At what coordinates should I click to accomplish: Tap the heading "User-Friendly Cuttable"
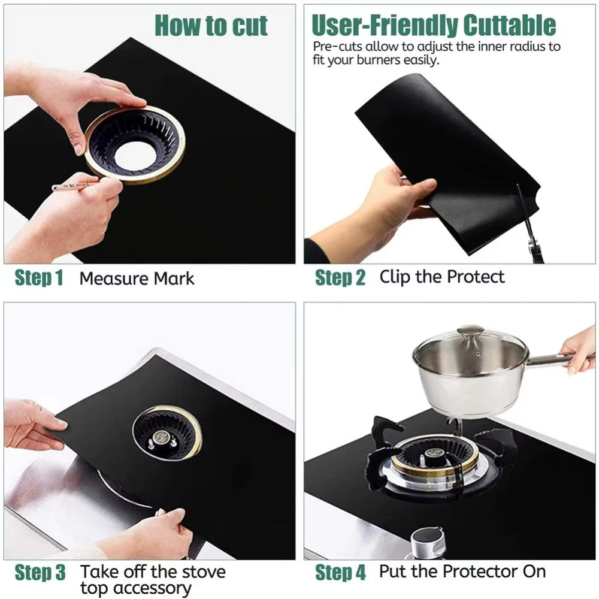click(x=434, y=25)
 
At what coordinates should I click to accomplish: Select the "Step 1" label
click(x=39, y=279)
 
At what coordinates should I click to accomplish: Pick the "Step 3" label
click(x=40, y=573)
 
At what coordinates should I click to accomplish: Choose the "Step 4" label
click(x=340, y=573)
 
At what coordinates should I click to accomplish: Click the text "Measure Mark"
click(x=137, y=279)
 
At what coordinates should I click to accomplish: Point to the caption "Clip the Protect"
click(x=442, y=277)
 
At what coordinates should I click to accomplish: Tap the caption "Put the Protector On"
click(x=462, y=571)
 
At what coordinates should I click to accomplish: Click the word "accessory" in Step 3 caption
click(x=135, y=588)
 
